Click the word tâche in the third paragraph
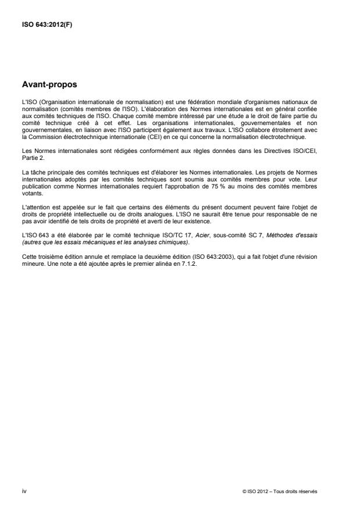[x=36, y=169]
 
